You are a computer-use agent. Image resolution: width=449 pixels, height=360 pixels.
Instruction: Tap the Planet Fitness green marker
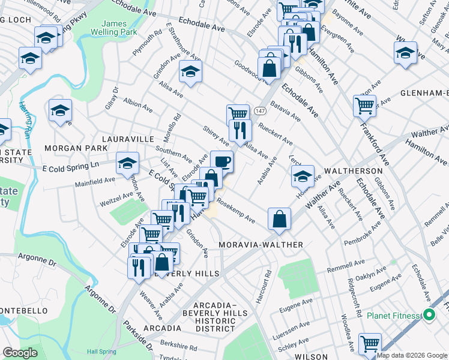(x=429, y=314)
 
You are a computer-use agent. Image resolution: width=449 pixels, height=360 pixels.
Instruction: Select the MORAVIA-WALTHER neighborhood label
(x=261, y=245)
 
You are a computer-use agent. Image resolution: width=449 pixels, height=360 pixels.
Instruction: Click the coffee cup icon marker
(x=221, y=161)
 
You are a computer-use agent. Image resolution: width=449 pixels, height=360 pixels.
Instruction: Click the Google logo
(x=20, y=353)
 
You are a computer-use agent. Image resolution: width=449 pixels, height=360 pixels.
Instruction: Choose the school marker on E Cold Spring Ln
(x=127, y=163)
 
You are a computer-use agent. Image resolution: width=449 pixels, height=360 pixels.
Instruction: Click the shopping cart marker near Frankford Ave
(x=364, y=105)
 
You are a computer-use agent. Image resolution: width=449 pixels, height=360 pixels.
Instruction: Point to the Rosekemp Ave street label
(x=237, y=211)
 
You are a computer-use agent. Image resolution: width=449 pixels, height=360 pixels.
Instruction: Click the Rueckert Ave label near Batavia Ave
(x=276, y=134)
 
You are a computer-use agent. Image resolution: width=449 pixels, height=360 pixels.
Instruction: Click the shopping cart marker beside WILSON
(x=370, y=343)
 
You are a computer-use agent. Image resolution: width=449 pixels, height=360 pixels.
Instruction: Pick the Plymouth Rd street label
(x=147, y=43)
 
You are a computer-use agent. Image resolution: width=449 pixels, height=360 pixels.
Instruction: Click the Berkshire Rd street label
(x=178, y=344)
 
